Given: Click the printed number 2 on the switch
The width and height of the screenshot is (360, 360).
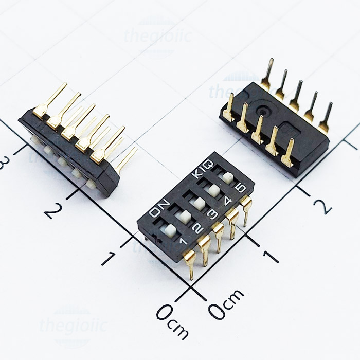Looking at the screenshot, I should pos(196,227).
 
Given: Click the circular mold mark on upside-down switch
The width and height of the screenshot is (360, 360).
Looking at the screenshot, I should pos(265,109).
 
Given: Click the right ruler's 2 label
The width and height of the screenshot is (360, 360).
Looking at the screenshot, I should pos(322,206).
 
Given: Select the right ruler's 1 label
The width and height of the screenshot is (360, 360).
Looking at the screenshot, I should pos(271,255).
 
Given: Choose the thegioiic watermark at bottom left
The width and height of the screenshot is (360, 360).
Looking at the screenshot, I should pos(72,325).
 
